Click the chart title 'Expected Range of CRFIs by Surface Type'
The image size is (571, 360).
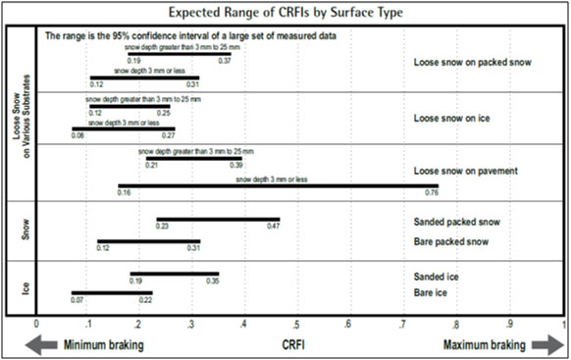click(285, 13)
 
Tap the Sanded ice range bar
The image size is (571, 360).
click(175, 274)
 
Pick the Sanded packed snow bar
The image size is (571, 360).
click(218, 220)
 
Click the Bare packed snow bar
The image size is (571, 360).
click(149, 240)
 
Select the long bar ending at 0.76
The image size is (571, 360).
click(278, 185)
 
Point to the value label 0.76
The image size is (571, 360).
click(432, 193)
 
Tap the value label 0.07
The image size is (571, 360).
click(78, 299)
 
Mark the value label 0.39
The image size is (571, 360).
click(236, 166)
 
